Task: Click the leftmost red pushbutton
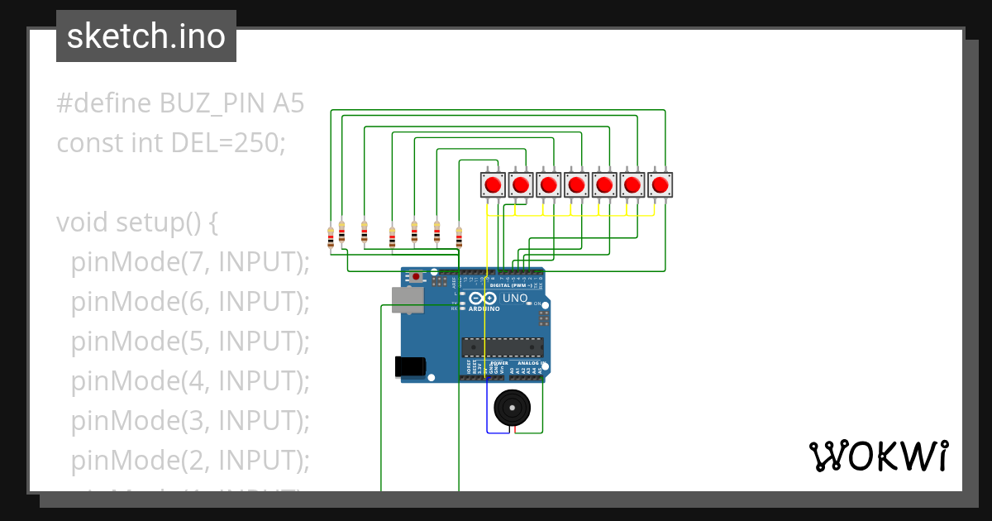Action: [x=494, y=184]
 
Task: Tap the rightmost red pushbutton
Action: [x=660, y=184]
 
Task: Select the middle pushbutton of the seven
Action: [x=576, y=184]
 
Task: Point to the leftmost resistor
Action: [x=331, y=237]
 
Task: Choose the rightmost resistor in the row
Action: [x=459, y=237]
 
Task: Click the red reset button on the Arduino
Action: [x=416, y=275]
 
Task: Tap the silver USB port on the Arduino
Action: [x=408, y=300]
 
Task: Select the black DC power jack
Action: [x=410, y=366]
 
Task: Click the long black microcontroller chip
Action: [x=503, y=347]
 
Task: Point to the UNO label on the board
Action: [x=515, y=299]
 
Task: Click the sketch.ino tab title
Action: [x=146, y=36]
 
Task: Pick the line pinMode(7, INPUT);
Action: [x=189, y=262]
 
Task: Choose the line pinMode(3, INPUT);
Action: [x=189, y=420]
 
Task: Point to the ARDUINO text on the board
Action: [x=484, y=308]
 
